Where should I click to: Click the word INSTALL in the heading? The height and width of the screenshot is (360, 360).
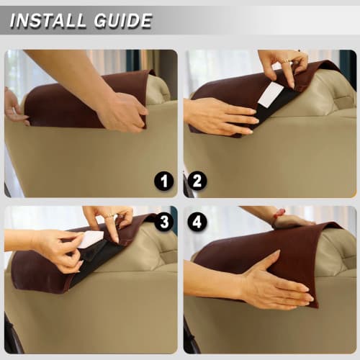click(x=48, y=21)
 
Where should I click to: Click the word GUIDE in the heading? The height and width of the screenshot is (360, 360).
click(x=123, y=21)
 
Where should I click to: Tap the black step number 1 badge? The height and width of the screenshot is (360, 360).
click(x=164, y=181)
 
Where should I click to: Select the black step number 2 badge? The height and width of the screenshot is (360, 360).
click(x=197, y=181)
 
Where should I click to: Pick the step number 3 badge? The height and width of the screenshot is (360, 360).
click(x=164, y=222)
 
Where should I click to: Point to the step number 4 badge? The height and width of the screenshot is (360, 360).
click(x=197, y=222)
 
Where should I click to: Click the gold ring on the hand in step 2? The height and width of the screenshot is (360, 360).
click(x=286, y=61)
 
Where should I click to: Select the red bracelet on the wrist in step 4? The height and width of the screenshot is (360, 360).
click(x=279, y=214)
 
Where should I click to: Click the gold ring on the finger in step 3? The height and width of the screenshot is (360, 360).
click(x=109, y=215)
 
